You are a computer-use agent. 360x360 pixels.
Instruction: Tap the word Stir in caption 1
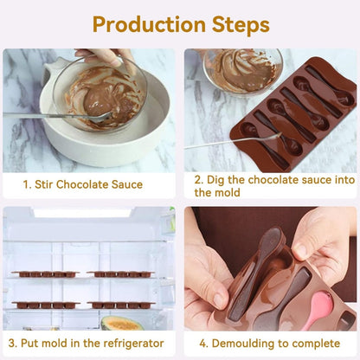(47, 184)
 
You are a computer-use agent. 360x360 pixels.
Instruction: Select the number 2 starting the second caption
(198, 179)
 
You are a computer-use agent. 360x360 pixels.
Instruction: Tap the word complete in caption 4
(314, 344)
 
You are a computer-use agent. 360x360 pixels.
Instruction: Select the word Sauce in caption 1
(126, 184)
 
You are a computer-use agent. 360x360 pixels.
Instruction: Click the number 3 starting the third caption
(10, 344)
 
